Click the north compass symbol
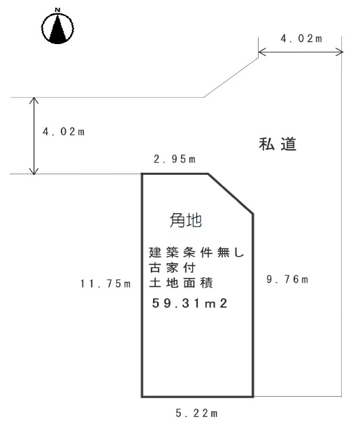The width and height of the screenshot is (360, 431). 57,28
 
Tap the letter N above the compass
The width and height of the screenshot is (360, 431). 57,10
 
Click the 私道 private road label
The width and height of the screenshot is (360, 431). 278,144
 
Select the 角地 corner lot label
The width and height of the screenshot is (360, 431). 186,220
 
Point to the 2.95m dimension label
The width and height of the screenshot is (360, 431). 175,159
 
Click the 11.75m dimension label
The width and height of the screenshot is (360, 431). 106,283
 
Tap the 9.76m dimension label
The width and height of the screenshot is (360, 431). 287,279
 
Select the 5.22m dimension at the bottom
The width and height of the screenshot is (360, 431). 196,413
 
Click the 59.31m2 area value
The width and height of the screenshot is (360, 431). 189,304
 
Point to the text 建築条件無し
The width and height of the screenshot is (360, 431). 196,253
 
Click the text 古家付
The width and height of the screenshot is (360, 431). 172,267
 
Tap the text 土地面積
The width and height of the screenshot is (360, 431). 181,283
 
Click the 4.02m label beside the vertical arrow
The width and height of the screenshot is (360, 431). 64,132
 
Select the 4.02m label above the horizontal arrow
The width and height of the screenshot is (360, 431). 301,38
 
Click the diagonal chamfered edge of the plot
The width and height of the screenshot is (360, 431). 231,194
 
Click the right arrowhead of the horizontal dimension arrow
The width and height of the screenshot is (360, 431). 340,52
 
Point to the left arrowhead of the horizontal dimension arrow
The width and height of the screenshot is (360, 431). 262,52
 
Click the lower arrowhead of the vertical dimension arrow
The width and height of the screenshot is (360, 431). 34,171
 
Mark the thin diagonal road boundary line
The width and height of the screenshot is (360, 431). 231,78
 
